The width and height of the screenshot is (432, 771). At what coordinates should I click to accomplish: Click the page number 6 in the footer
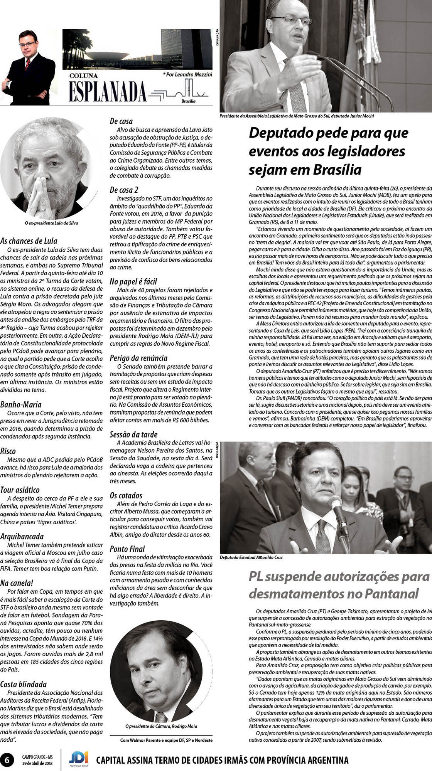[7, 759]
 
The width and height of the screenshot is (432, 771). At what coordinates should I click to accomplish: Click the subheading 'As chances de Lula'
[29, 241]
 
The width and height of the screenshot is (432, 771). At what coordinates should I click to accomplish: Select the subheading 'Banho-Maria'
[21, 405]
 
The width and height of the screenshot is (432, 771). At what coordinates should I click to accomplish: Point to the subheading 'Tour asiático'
[20, 490]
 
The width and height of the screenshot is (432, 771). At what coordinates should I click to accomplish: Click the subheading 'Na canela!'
[17, 583]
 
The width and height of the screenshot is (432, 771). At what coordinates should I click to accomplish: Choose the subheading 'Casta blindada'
[24, 684]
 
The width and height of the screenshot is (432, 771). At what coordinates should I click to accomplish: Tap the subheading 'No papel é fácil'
[133, 281]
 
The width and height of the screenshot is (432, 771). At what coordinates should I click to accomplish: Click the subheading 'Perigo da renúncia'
[138, 358]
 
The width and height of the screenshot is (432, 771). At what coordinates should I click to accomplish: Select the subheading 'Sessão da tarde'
[133, 434]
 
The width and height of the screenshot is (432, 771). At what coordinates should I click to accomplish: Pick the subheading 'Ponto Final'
[127, 549]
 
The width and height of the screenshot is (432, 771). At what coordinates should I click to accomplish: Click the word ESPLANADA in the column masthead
[108, 92]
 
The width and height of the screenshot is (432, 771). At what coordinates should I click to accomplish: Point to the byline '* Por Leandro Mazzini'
[187, 74]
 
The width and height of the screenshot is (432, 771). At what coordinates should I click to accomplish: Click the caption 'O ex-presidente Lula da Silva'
[51, 223]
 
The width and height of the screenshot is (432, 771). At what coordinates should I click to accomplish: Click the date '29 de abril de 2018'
[37, 763]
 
